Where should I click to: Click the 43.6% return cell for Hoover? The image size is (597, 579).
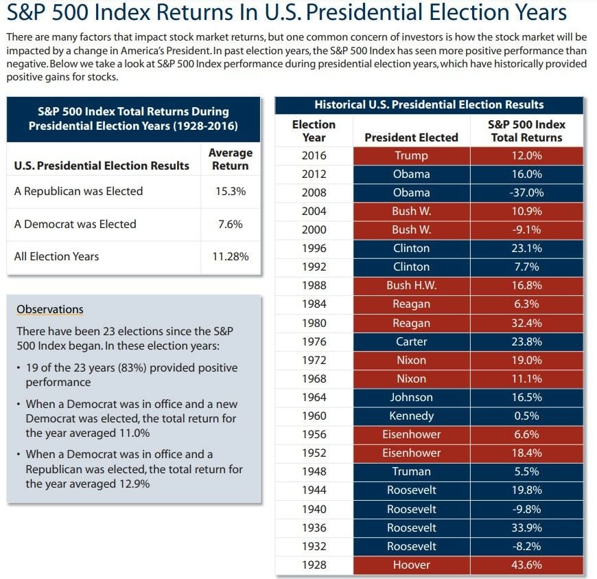click(526, 565)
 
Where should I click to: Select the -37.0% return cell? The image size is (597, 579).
click(526, 193)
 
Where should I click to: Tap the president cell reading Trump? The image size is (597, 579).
click(411, 156)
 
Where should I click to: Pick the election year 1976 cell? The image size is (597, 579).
click(314, 341)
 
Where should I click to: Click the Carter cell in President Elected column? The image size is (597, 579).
click(411, 341)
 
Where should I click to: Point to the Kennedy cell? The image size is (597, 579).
click(411, 416)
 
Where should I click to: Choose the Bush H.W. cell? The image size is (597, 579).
click(411, 286)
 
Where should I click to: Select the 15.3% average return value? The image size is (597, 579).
click(230, 192)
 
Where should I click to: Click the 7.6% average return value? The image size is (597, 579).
click(230, 224)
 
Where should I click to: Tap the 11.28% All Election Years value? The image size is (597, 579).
click(230, 256)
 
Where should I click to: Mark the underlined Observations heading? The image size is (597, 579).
click(49, 309)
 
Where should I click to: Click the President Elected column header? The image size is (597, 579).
click(411, 137)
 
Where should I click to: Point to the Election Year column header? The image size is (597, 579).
click(314, 130)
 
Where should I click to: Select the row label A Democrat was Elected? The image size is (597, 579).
click(75, 224)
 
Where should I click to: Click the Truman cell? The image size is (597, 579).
click(411, 471)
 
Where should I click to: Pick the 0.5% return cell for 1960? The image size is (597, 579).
click(526, 416)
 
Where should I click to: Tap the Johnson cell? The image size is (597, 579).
click(411, 397)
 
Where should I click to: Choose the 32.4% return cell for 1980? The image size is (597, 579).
click(526, 323)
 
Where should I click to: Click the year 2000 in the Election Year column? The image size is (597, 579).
click(314, 230)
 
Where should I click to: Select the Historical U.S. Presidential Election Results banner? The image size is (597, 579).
click(429, 105)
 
